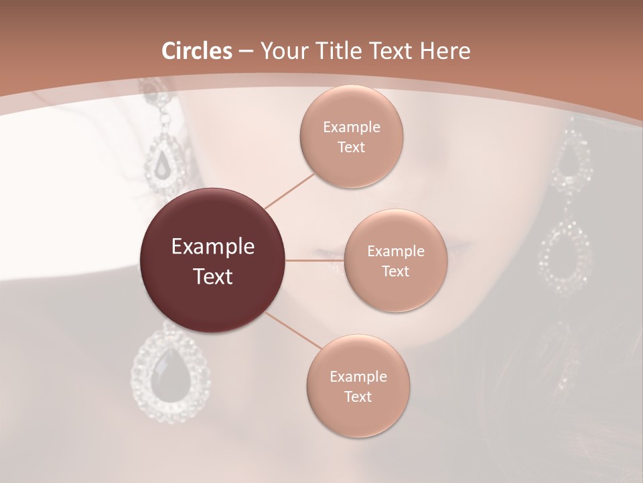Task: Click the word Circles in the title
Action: pyautogui.click(x=197, y=51)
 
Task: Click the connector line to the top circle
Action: pyautogui.click(x=289, y=191)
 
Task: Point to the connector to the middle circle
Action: pyautogui.click(x=315, y=260)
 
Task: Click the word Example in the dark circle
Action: pyautogui.click(x=213, y=247)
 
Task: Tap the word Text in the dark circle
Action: pyautogui.click(x=213, y=276)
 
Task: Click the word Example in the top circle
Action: pyautogui.click(x=351, y=127)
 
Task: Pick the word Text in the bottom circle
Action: pyautogui.click(x=358, y=396)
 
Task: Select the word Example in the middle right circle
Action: pyautogui.click(x=395, y=252)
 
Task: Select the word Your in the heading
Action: pyautogui.click(x=282, y=51)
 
